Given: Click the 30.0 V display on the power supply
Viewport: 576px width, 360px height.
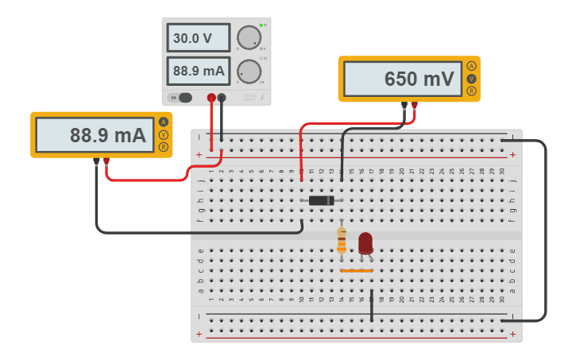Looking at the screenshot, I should coord(198,38).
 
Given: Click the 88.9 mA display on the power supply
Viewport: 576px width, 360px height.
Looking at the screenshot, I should coord(198,71).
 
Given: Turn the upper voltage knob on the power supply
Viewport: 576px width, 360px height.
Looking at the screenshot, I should coord(249,37).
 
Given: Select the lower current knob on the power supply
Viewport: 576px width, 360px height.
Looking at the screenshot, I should coord(249,72).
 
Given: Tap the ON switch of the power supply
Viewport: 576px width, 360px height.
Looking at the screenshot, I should coord(182,98).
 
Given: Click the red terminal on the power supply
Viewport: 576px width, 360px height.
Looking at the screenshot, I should coord(211,98).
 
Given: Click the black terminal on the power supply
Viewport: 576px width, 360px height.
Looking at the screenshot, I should coord(222,98).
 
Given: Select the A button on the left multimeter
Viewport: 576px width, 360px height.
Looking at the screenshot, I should coord(164,122).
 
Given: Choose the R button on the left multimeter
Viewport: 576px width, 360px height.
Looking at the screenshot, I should coord(164,147).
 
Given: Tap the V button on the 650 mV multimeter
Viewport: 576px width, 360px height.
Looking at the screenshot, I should coord(472,79).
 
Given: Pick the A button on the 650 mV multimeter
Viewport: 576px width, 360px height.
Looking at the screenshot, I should coord(472,66).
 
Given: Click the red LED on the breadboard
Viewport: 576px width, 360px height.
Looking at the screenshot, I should coord(365,243).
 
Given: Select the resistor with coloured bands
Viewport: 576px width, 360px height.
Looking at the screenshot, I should coord(342,239).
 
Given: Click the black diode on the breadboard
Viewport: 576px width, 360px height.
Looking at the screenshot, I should coord(322,200).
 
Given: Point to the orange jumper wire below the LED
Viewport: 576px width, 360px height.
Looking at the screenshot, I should coord(357,271).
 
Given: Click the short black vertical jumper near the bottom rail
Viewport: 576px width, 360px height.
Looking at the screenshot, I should coord(372,305).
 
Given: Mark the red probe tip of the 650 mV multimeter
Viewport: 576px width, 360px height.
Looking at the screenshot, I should coord(414,104).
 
